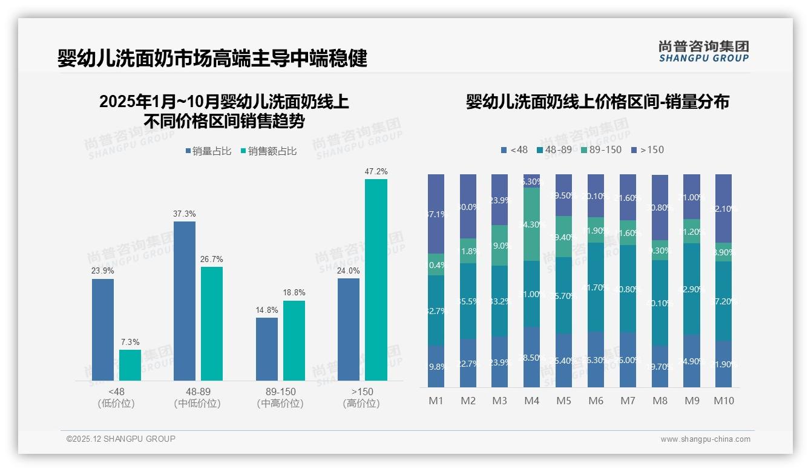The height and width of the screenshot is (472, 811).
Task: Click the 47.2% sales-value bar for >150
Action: click(x=376, y=280)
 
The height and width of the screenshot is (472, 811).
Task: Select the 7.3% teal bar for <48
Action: click(x=130, y=365)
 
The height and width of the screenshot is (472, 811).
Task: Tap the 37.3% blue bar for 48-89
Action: click(x=185, y=301)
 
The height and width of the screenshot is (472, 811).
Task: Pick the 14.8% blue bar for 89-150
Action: click(x=266, y=349)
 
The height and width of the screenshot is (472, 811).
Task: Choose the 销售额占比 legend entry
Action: click(x=268, y=151)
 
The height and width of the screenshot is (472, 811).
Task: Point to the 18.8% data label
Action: click(x=294, y=293)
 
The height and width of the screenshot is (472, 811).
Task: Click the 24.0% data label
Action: click(x=349, y=270)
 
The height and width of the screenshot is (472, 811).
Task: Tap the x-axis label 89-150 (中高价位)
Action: click(x=280, y=398)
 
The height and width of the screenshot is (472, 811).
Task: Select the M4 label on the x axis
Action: click(x=531, y=401)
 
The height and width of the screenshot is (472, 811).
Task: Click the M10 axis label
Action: click(x=723, y=401)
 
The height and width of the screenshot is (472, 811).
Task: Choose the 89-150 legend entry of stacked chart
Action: click(x=601, y=149)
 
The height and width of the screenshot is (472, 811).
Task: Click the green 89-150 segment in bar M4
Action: click(x=531, y=224)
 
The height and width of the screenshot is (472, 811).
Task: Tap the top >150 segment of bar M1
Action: click(x=436, y=214)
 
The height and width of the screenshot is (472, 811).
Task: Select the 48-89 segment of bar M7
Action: click(x=628, y=289)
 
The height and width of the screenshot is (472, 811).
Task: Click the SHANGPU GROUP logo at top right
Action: click(x=703, y=51)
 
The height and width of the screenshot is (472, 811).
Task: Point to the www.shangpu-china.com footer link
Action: click(x=705, y=439)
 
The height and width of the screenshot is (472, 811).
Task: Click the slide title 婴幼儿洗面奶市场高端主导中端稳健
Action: click(x=212, y=59)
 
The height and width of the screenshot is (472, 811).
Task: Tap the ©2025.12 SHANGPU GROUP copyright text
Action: click(x=121, y=439)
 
